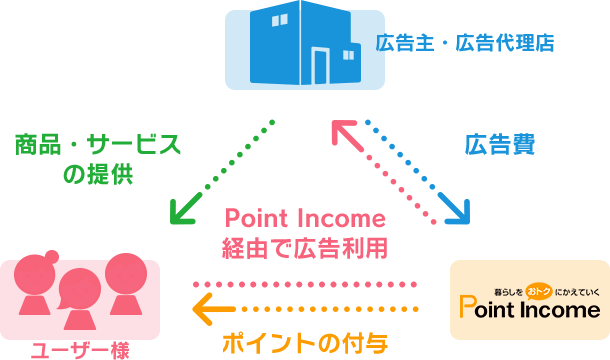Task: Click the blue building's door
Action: point(321,66)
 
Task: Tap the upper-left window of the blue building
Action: point(279,20)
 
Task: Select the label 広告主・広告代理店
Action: point(465,43)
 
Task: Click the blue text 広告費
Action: point(500,144)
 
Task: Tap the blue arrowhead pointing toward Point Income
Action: point(456,210)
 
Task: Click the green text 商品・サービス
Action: point(98,144)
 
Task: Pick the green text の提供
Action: point(98,174)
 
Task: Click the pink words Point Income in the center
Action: point(305,218)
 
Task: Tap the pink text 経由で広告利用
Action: point(305,248)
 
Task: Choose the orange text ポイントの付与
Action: point(305,343)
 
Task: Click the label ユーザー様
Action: point(80,351)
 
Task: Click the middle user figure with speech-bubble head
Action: point(80,299)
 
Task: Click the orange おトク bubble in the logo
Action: point(539,292)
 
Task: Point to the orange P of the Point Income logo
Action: point(467,306)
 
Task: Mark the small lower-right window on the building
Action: point(349,55)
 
